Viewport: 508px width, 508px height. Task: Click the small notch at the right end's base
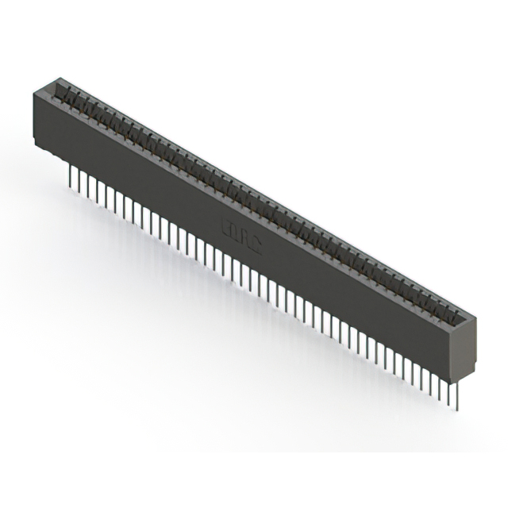pyautogui.click(x=465, y=379)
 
